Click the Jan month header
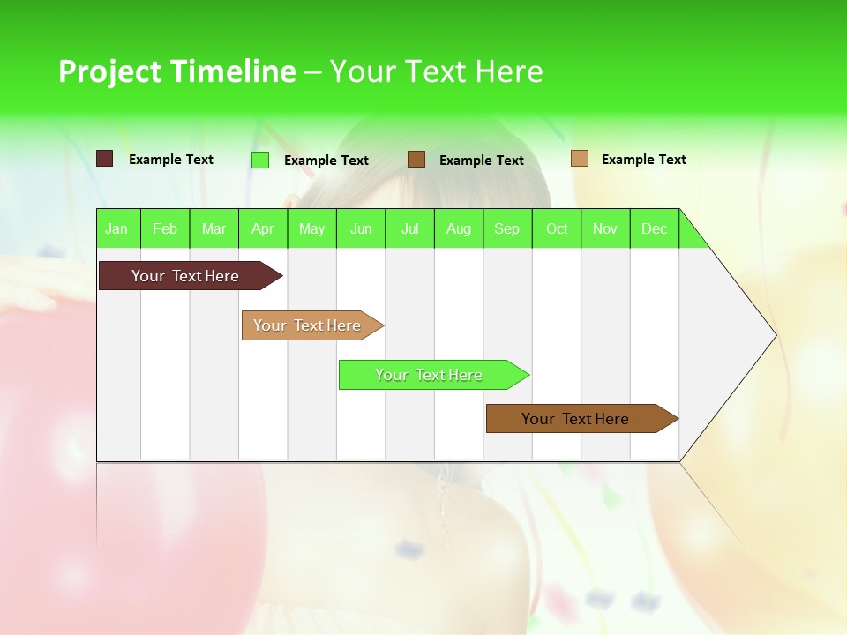click(116, 228)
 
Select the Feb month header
click(165, 228)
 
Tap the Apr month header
click(262, 228)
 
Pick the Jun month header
click(361, 228)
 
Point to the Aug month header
click(459, 228)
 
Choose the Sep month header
click(506, 228)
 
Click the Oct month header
click(557, 228)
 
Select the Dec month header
click(654, 228)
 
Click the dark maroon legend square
click(105, 159)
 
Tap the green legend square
click(260, 160)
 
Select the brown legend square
click(416, 159)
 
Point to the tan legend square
click(580, 158)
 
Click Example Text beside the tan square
click(643, 160)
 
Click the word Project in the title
click(110, 71)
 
